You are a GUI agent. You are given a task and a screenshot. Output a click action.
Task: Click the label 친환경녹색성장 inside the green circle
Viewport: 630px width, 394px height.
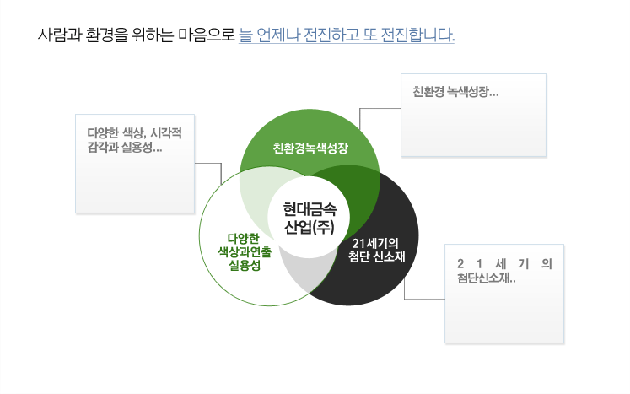310,148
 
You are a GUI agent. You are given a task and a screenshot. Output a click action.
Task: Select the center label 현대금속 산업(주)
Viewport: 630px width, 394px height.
310,219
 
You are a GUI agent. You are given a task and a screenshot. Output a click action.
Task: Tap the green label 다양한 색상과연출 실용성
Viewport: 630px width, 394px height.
245,252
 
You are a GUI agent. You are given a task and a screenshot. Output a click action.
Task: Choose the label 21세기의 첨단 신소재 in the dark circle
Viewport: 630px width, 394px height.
376,250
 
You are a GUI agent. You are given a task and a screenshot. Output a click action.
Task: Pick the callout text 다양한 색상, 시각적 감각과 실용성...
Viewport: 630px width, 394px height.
135,140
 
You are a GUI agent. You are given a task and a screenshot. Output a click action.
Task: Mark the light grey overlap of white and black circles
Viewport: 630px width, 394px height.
307,273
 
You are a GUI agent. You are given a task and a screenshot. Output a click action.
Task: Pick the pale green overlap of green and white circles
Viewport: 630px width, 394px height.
257,189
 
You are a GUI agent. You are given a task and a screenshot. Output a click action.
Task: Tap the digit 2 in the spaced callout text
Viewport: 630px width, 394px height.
460,264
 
